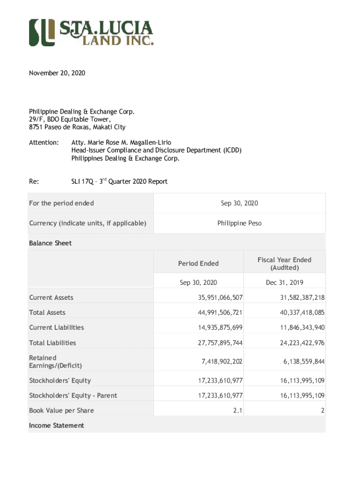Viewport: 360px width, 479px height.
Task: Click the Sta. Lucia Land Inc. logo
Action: click(x=91, y=32)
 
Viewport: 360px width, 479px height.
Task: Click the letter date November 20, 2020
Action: click(x=57, y=73)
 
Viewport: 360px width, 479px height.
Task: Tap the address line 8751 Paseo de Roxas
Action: click(x=77, y=127)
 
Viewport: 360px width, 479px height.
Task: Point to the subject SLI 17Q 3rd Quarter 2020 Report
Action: click(x=119, y=181)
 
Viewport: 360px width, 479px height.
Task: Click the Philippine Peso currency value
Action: click(x=239, y=223)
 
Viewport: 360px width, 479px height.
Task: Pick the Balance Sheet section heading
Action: click(x=50, y=243)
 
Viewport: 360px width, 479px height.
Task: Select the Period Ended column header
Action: click(x=198, y=263)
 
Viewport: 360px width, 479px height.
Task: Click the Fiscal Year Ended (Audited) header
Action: click(x=284, y=263)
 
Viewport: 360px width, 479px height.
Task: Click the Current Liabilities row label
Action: click(x=57, y=327)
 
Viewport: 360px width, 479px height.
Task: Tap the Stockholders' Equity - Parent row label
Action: click(x=73, y=395)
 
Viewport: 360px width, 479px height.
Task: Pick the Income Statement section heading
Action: click(x=57, y=425)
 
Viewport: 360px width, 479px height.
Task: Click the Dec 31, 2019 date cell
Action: click(x=284, y=283)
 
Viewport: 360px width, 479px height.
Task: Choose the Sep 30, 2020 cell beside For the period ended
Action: click(x=239, y=203)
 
